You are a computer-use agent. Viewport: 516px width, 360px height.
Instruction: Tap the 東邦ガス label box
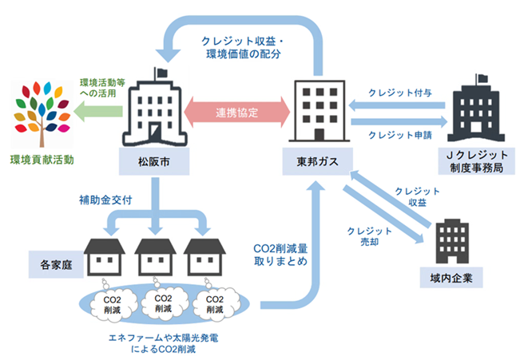319,162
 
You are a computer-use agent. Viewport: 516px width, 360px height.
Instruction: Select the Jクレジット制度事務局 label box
469,168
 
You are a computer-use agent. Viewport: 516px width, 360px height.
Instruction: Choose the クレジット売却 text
363,237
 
